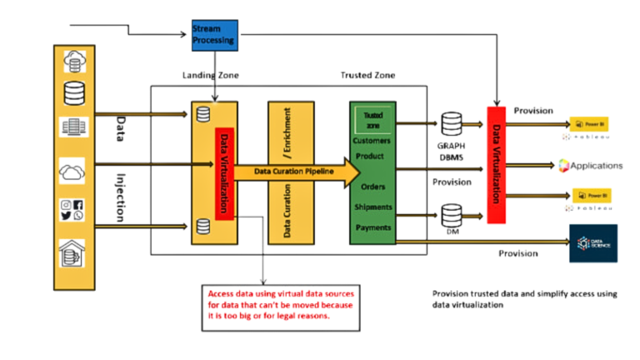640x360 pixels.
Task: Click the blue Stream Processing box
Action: [213, 32]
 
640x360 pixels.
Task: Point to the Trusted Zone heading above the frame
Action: [367, 76]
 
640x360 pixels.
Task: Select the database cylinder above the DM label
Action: [452, 215]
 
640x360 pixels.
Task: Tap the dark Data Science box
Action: [592, 242]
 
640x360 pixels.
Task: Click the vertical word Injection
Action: [118, 198]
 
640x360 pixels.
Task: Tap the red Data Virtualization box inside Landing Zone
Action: [226, 173]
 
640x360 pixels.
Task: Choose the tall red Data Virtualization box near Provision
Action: [497, 163]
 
